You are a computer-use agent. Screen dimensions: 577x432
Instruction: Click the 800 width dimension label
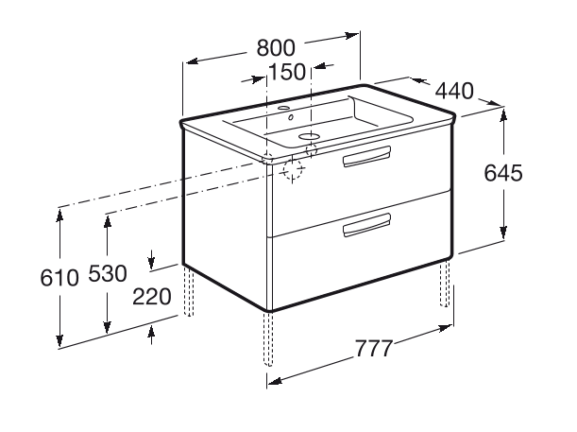[276, 47]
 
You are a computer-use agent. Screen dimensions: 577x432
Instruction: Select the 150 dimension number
[286, 71]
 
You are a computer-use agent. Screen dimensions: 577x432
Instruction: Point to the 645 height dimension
[502, 174]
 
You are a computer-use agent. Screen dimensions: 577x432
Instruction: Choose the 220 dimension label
[151, 297]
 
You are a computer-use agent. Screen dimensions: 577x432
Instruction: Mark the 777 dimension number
[375, 347]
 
